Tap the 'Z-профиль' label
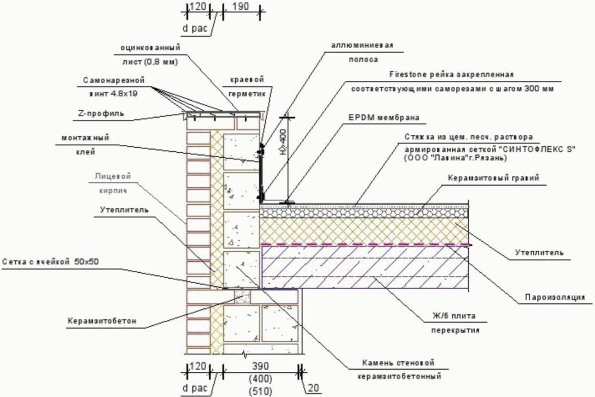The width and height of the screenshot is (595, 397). pos(101,114)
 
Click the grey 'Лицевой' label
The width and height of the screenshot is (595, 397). pos(113,176)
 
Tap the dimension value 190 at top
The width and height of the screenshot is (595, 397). pos(240,7)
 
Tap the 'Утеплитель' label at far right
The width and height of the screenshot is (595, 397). pos(539,252)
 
